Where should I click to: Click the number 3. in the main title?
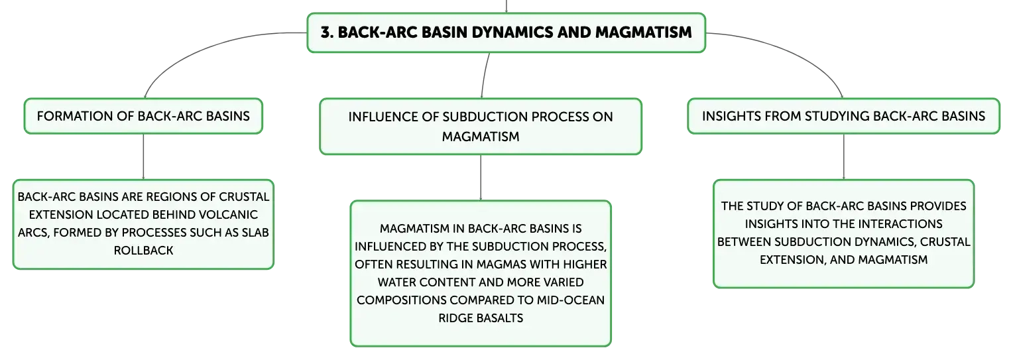point(327,32)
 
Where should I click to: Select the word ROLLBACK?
point(143,251)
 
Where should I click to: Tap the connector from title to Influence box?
point(485,75)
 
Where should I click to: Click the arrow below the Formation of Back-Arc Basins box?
point(143,156)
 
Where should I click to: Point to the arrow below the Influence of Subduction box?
point(481,177)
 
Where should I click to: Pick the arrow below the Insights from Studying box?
point(844,156)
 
